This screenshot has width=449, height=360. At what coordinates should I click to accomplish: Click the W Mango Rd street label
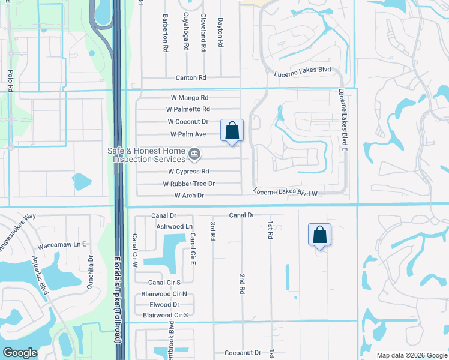(x=188, y=97)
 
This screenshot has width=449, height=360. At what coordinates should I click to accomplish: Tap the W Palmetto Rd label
(x=188, y=109)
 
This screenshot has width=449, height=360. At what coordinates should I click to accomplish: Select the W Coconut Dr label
(x=188, y=122)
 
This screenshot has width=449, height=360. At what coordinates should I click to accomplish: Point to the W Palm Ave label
(x=188, y=134)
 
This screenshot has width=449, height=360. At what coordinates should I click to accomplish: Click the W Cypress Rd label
(x=188, y=172)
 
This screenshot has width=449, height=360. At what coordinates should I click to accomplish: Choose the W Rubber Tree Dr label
(x=188, y=184)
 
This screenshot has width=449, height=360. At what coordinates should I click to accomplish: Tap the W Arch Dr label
(x=189, y=196)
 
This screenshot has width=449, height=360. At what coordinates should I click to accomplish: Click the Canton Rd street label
(x=191, y=78)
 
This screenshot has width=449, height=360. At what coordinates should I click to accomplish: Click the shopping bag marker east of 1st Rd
(x=319, y=235)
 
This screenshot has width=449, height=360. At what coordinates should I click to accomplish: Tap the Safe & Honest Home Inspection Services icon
(x=194, y=155)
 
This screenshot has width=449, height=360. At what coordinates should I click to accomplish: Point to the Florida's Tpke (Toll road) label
(x=118, y=300)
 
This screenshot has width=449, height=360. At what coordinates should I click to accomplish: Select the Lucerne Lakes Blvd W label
(x=285, y=193)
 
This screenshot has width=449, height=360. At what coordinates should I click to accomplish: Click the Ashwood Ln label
(x=175, y=226)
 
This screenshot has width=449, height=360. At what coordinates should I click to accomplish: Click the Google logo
(x=20, y=353)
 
